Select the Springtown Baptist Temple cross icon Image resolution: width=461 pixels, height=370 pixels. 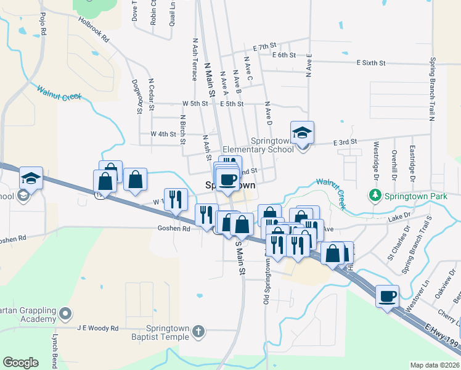click(x=198, y=332)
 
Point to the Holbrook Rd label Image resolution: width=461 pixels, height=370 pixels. click(x=94, y=29)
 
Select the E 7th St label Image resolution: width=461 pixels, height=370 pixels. click(x=266, y=47)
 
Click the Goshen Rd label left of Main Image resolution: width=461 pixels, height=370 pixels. click(x=177, y=228)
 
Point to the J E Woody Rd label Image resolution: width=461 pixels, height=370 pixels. click(x=97, y=329)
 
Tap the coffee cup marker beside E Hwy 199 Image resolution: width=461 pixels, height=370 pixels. click(x=387, y=295)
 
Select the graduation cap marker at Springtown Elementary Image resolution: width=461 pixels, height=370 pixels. click(x=302, y=133)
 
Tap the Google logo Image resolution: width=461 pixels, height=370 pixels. click(x=20, y=363)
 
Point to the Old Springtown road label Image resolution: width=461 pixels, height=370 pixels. click(x=267, y=281)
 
